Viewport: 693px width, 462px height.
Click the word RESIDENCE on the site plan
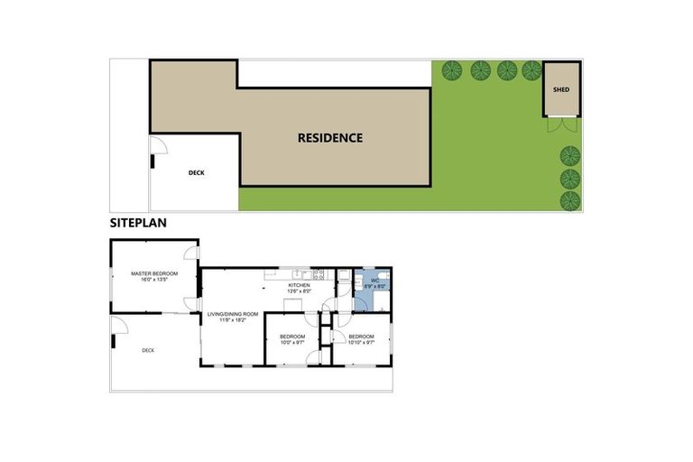[330, 138]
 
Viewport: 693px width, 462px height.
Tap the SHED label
[561, 89]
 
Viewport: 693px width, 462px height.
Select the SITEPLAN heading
[137, 222]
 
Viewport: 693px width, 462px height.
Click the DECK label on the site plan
[197, 172]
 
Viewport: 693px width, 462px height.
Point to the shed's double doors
[560, 125]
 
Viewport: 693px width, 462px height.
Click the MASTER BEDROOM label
[153, 273]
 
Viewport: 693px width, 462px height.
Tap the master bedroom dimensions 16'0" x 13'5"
[153, 280]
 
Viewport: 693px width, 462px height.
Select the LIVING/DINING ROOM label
[233, 314]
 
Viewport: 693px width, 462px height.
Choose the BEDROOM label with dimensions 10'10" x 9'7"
[361, 337]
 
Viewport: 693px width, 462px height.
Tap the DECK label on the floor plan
[148, 350]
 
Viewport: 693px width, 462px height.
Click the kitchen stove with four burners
[319, 274]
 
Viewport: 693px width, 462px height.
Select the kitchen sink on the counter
[297, 274]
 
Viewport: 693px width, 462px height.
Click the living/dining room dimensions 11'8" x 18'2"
[233, 320]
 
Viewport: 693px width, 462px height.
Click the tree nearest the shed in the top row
[531, 69]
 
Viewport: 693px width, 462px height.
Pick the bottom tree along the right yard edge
[569, 199]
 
